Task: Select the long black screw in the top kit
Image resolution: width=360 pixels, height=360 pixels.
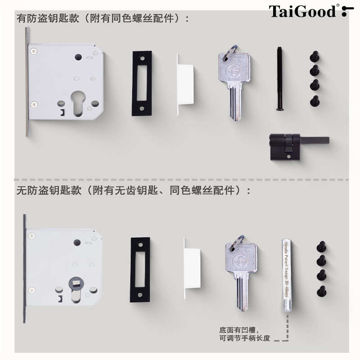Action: coord(279,79)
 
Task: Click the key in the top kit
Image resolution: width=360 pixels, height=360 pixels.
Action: coord(234,81)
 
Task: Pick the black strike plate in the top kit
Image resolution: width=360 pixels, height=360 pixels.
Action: coord(141,83)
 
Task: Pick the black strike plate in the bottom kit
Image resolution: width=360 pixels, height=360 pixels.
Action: coord(140,270)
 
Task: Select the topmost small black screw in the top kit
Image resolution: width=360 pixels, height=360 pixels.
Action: coord(315,57)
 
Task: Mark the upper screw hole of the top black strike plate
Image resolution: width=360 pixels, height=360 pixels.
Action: coord(142,58)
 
